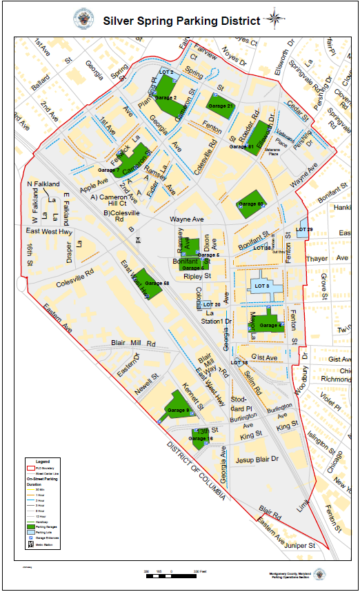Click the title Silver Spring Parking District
(181, 21)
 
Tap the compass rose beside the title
(274, 19)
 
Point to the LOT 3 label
(262, 286)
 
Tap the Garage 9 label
(178, 411)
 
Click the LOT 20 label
(212, 304)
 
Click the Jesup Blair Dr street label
(256, 459)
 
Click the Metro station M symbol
(139, 240)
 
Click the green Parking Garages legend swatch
(32, 527)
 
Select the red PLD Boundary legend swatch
(32, 467)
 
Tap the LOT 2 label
(166, 72)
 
